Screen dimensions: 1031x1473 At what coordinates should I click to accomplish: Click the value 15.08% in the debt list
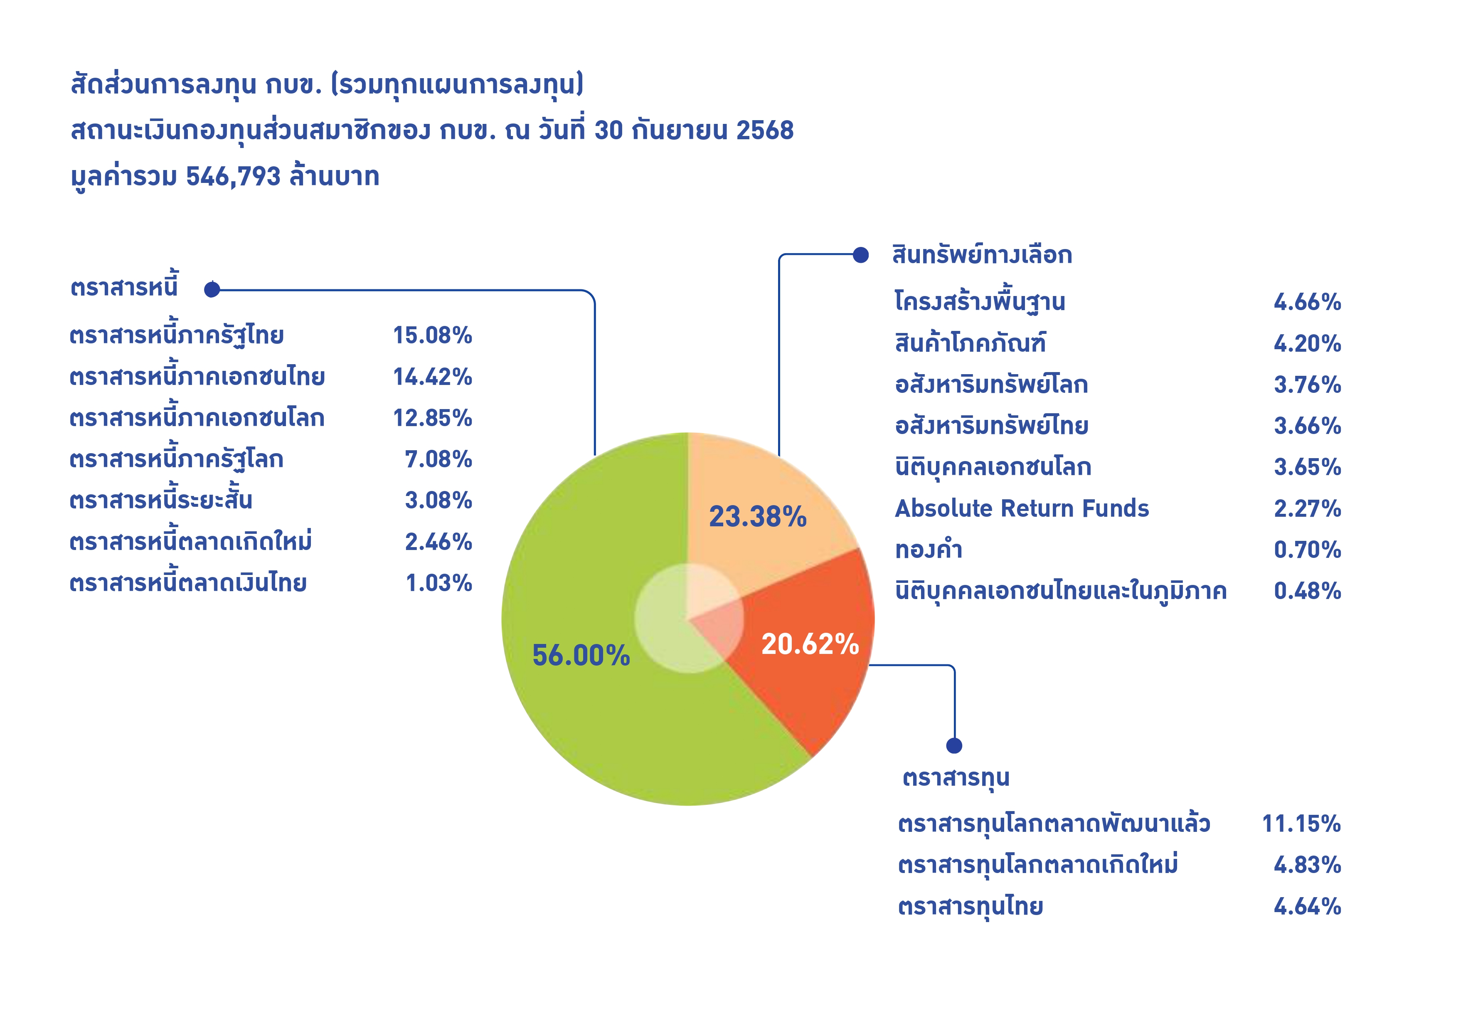click(x=432, y=335)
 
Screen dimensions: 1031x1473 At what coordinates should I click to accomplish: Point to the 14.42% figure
click(x=432, y=377)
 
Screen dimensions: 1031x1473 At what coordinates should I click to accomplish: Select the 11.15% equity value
click(x=1301, y=824)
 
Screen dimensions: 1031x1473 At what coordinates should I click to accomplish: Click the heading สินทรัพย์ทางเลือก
click(x=982, y=255)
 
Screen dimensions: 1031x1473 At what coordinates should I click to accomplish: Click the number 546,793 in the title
click(x=233, y=176)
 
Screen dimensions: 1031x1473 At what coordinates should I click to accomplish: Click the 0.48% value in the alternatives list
click(x=1307, y=591)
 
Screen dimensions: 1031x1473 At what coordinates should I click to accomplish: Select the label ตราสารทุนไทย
click(x=970, y=907)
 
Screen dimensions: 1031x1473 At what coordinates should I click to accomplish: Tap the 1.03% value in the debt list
click(x=439, y=583)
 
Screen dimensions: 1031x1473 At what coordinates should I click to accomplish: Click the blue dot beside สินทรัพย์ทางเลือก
click(x=860, y=255)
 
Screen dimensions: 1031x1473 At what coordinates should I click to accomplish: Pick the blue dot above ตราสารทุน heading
click(x=954, y=745)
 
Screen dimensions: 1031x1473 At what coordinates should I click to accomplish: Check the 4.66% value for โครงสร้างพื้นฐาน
click(x=1307, y=302)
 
